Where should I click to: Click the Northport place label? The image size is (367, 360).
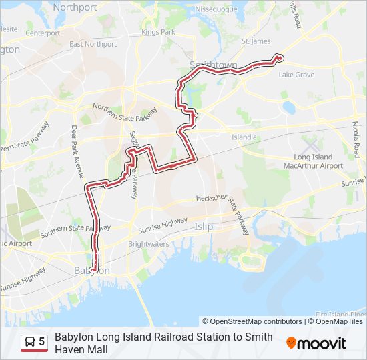click(75, 7)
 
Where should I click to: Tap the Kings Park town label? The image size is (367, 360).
click(158, 31)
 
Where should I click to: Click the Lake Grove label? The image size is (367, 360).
click(296, 75)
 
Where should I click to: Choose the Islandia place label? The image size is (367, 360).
click(244, 137)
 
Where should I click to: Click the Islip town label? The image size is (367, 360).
click(204, 227)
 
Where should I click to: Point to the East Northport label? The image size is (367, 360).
click(93, 44)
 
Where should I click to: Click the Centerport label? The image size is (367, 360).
click(43, 32)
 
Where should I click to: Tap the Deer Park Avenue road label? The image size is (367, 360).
click(77, 151)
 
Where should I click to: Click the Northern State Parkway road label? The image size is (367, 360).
click(125, 113)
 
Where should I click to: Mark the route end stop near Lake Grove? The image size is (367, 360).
click(279, 58)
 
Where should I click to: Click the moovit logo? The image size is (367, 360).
click(316, 343)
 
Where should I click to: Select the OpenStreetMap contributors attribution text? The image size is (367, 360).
click(252, 321)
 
